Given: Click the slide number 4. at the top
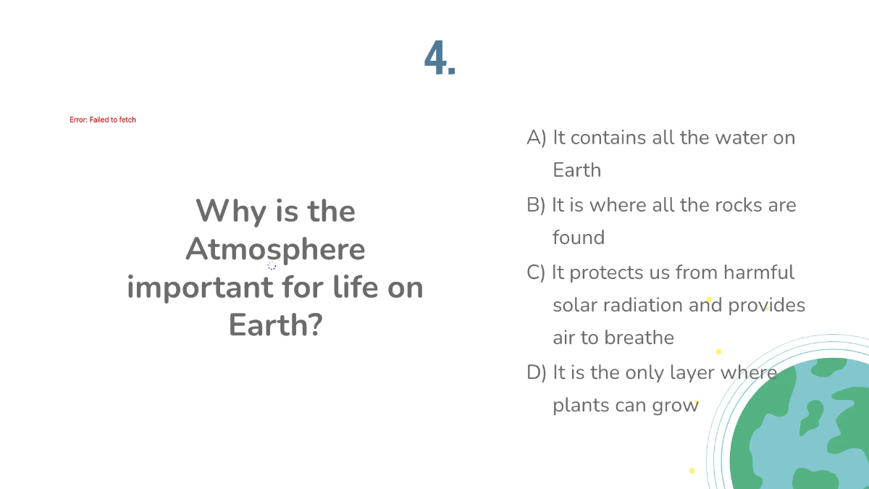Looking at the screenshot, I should pos(440,58).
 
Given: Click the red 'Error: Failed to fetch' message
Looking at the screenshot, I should pos(103,120).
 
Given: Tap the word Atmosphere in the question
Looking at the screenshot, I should pos(275,249).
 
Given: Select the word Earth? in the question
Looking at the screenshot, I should pos(275,325).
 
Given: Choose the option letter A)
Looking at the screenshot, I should pos(536,138).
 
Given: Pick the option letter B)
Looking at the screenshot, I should pos(536,205).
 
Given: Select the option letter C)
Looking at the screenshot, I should pos(536,272).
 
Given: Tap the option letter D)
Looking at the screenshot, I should pos(537,372).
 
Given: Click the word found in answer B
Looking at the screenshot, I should pos(579,238).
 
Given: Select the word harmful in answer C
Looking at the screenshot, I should pos(758,272).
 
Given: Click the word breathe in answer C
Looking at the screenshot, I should pos(639,338).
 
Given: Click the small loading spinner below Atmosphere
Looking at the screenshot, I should pos(272,266).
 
